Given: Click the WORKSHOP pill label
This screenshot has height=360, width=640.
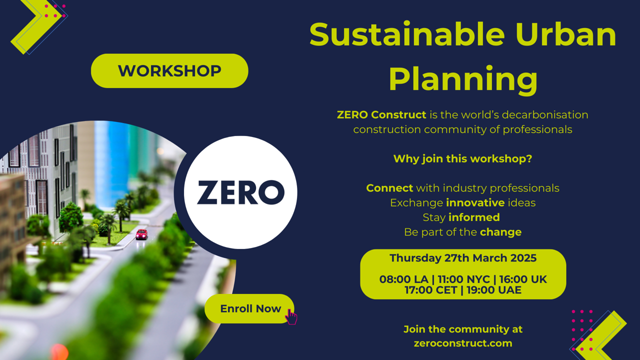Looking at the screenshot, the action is click(x=169, y=70).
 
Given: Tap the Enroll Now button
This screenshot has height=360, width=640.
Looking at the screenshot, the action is click(x=249, y=308).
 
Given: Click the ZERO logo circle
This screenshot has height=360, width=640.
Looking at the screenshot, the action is click(x=240, y=192).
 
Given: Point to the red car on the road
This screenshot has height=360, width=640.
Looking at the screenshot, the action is click(x=141, y=234).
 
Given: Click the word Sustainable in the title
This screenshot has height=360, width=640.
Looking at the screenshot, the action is click(x=407, y=34).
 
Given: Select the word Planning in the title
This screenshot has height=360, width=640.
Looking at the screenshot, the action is click(x=463, y=79).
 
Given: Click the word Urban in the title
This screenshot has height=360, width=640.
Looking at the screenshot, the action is click(x=566, y=34).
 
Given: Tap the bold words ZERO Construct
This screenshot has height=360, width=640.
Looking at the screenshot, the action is click(x=381, y=115).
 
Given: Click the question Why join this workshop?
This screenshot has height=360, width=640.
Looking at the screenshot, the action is click(x=463, y=159).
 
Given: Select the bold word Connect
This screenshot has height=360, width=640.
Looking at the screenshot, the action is click(x=389, y=188).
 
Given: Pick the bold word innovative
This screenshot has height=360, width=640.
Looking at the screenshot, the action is click(x=475, y=203).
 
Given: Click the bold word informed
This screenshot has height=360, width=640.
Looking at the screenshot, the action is click(x=474, y=217).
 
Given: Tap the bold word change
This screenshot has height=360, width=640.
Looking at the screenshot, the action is click(x=500, y=232).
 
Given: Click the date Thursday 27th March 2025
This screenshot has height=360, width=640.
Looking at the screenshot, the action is click(x=463, y=258).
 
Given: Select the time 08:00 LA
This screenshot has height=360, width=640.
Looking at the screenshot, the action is click(x=403, y=279).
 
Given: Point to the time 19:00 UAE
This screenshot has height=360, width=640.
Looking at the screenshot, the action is click(x=494, y=290).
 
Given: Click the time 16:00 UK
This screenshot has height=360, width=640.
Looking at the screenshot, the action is click(x=523, y=279).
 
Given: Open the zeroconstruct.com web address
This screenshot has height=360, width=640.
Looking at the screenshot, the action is click(x=463, y=343).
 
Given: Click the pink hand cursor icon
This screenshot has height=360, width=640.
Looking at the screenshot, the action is click(x=291, y=316).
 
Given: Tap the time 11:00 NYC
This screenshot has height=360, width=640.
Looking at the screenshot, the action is click(x=463, y=279).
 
